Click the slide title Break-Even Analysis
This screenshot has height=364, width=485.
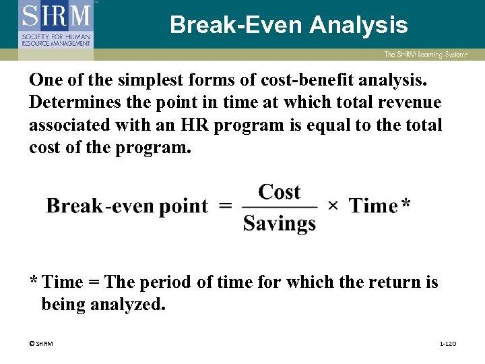click(288, 25)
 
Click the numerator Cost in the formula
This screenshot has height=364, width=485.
click(279, 192)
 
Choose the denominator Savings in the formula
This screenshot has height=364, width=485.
click(279, 223)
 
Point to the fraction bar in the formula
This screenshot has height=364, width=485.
click(279, 208)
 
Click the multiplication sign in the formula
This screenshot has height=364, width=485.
click(333, 206)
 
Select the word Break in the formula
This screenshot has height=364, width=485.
click(74, 206)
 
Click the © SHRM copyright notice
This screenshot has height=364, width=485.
click(41, 344)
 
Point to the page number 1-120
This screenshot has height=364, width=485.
click(447, 344)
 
